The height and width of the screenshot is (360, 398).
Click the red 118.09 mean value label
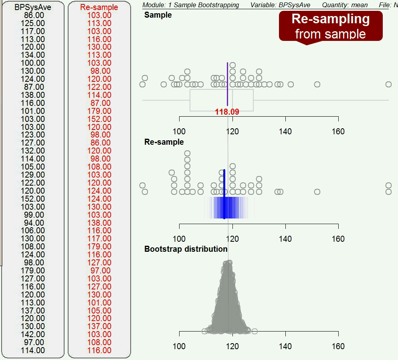tap(227, 112)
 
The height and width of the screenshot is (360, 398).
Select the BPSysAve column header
tap(33, 7)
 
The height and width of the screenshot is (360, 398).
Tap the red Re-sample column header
tap(99, 7)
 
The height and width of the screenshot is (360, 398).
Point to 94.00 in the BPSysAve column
tap(34, 222)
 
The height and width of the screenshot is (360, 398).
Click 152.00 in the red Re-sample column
tap(99, 119)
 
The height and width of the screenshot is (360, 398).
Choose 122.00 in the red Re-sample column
tap(99, 87)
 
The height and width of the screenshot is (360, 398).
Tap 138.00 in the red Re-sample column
tap(99, 222)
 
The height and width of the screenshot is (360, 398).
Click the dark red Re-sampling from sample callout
tap(331, 26)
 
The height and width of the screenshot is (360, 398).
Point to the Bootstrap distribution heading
tap(186, 249)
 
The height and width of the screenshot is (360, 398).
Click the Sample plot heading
tap(158, 15)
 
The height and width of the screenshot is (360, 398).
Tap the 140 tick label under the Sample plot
tap(285, 131)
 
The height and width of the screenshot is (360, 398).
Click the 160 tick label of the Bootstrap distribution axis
tap(338, 346)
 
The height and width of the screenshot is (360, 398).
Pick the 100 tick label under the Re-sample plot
tap(179, 239)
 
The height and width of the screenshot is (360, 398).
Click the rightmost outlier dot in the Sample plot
tap(388, 84)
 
